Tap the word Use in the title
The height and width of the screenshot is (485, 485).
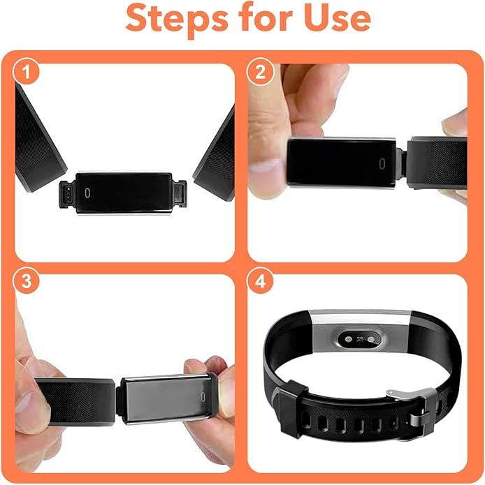point(334,20)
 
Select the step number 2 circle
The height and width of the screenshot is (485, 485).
point(260,73)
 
